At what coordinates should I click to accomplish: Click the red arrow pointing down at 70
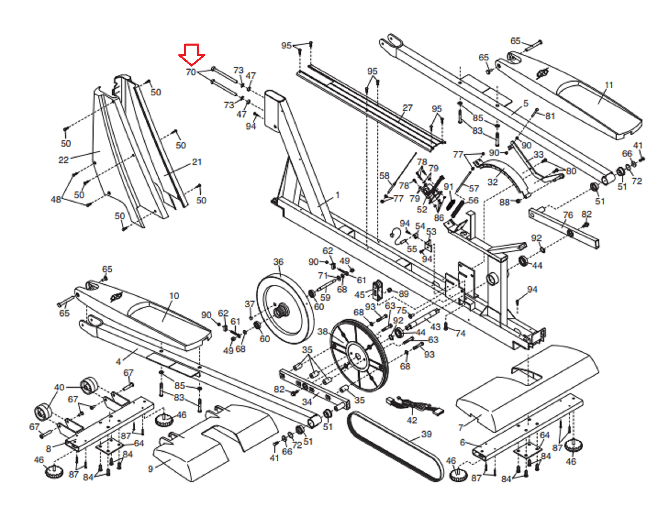[x=192, y=55]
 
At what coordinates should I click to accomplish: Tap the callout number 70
[x=191, y=72]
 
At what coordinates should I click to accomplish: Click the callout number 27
[x=408, y=108]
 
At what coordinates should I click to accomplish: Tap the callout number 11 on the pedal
[x=609, y=85]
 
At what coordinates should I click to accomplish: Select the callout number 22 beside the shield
[x=64, y=160]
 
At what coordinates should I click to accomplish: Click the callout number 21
[x=197, y=162]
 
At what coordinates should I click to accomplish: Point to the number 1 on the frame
[x=337, y=195]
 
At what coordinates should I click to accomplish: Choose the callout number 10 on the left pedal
[x=174, y=296]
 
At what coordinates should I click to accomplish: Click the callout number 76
[x=568, y=215]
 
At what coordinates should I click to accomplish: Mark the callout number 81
[x=550, y=116]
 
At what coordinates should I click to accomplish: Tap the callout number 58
[x=385, y=176]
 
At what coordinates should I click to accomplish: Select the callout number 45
[x=359, y=295]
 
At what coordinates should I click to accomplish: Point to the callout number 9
[x=151, y=469]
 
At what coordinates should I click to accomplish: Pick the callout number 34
[x=307, y=402]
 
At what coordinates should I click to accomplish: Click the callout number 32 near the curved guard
[x=493, y=182]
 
